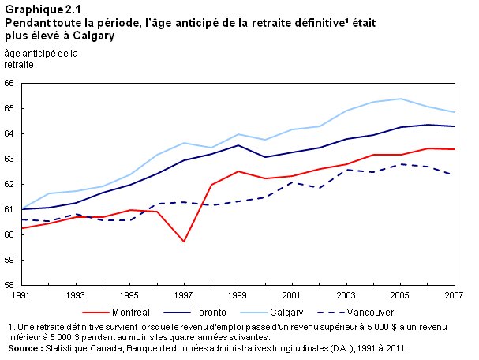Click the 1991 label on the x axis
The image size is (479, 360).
click(21, 295)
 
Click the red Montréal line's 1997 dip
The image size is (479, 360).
click(184, 242)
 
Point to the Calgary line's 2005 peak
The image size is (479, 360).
click(401, 99)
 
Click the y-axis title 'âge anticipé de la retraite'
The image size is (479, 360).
click(40, 59)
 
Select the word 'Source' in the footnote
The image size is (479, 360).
click(22, 348)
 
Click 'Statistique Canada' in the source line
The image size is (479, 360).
click(83, 348)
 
